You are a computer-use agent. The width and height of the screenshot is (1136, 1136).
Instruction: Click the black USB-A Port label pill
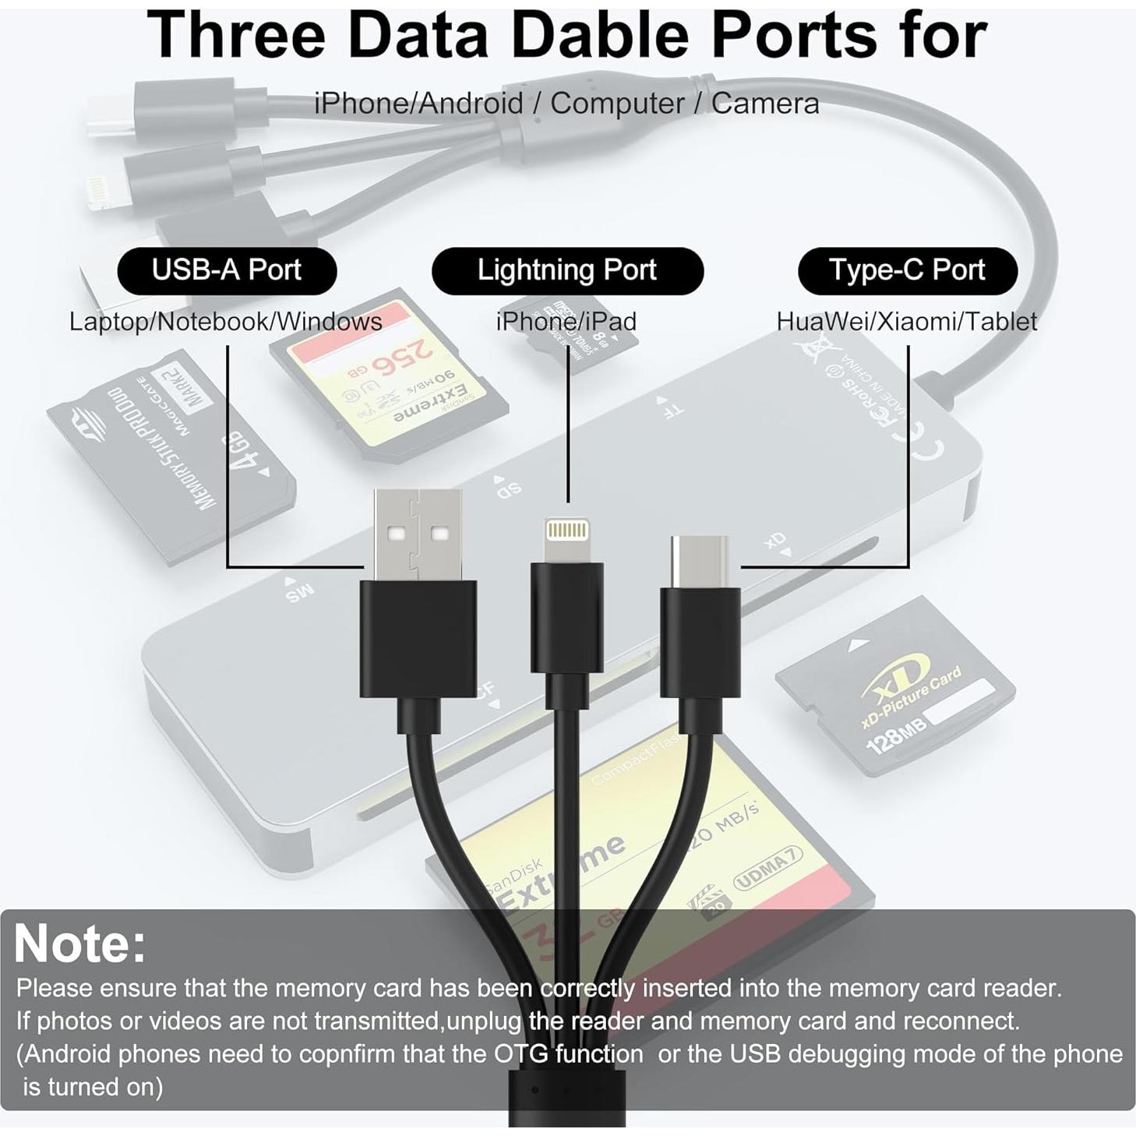[227, 270]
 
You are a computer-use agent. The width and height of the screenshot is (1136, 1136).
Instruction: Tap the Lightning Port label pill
[567, 270]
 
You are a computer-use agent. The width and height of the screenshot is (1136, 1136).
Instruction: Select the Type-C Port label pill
[907, 270]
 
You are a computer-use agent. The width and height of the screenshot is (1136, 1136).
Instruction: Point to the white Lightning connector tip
[567, 538]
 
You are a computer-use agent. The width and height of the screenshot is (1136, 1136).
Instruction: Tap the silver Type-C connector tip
[700, 561]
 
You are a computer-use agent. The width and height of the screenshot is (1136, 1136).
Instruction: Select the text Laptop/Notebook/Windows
[225, 321]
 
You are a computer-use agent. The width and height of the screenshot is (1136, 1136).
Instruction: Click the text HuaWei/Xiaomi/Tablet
[906, 321]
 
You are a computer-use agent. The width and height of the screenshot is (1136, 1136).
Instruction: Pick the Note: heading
[80, 944]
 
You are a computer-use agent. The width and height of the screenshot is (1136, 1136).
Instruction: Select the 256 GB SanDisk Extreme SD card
[390, 374]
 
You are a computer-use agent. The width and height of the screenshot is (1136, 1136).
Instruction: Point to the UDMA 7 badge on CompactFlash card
[767, 871]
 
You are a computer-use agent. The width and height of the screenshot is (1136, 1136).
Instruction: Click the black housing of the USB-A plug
[418, 639]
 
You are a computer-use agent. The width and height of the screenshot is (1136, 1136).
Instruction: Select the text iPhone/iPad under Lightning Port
[566, 321]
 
